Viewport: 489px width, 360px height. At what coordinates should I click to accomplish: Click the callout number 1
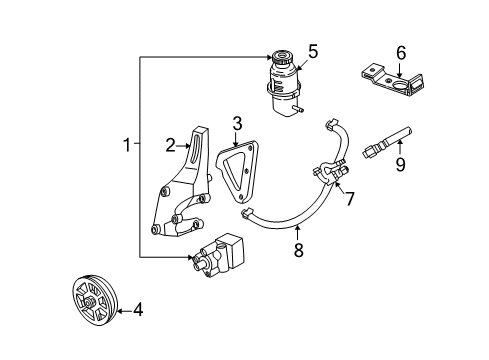click(x=127, y=146)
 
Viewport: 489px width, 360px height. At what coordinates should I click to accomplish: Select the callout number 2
click(x=170, y=146)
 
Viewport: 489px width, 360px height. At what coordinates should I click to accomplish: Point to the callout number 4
click(x=138, y=310)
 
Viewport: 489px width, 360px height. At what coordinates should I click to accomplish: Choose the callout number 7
click(x=350, y=198)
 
